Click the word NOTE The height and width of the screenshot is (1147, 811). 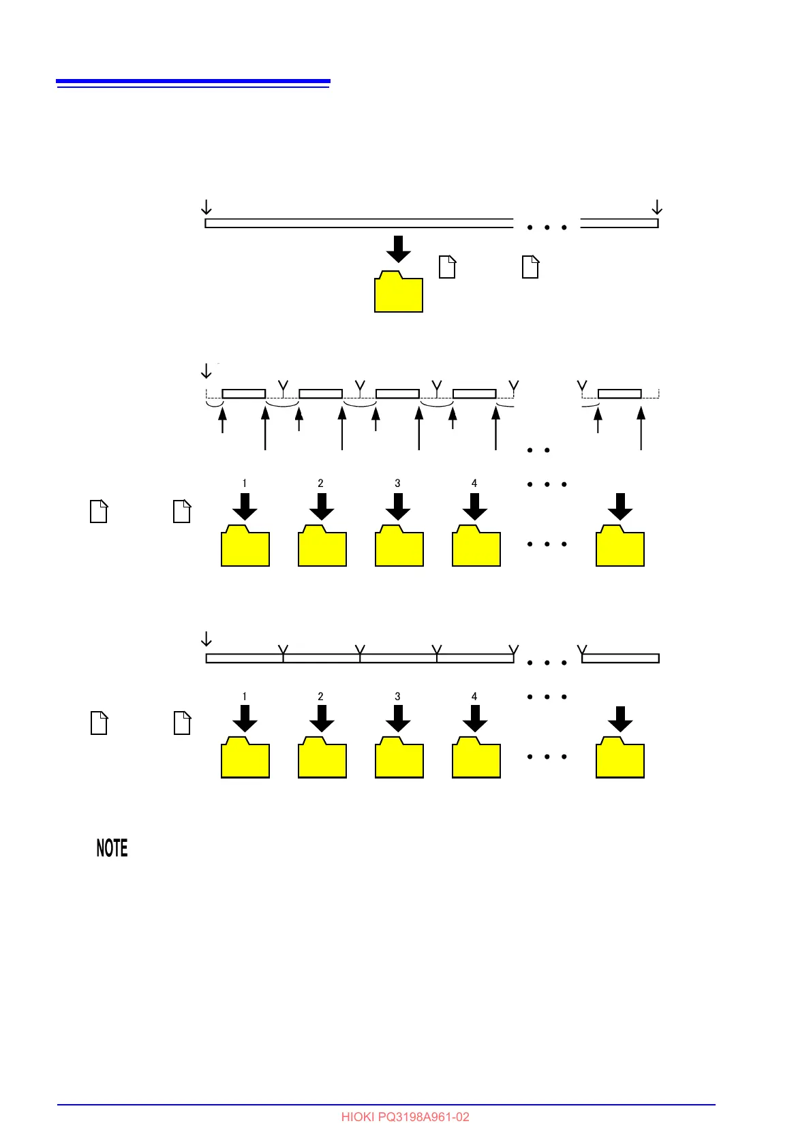(112, 848)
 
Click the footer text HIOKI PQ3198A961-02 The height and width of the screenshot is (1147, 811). (405, 1117)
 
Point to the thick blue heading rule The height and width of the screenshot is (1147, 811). (193, 82)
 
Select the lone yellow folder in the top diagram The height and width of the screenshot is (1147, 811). (399, 293)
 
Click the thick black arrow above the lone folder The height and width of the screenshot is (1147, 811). (399, 249)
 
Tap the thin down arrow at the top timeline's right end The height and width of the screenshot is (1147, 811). (657, 207)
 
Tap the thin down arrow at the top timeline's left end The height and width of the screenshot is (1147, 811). (206, 207)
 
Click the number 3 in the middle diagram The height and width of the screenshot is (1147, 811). (398, 483)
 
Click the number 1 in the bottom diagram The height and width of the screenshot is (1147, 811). (245, 696)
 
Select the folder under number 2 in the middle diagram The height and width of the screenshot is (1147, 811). (322, 546)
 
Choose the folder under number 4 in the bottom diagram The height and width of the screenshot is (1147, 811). (476, 758)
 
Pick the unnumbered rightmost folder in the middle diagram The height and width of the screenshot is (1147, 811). (620, 546)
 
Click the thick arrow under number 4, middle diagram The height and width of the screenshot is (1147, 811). (475, 506)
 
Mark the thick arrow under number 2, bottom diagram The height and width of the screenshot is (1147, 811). (322, 719)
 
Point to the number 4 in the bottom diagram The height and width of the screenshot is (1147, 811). (474, 696)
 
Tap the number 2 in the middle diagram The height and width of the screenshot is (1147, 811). (321, 483)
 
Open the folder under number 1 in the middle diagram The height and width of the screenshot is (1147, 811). (245, 546)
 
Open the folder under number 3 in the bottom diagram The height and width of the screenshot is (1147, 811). (399, 758)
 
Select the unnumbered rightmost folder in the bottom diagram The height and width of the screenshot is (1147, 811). (620, 758)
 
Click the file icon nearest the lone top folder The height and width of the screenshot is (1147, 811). (447, 267)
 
